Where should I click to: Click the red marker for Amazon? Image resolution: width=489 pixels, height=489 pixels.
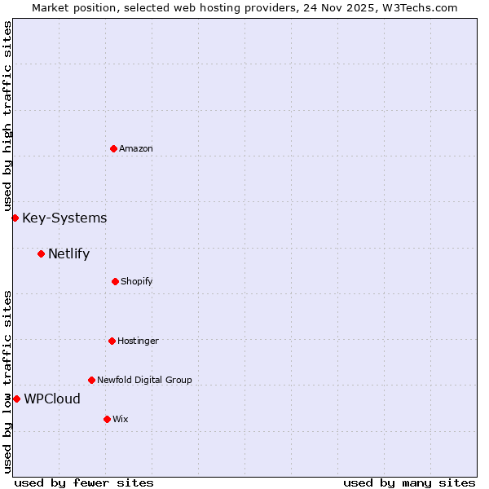pos(113,148)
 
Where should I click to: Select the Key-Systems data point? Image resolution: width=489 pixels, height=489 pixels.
pos(15,218)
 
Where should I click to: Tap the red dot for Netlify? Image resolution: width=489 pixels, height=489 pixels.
pos(41,253)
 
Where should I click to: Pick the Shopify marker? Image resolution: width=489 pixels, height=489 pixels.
pos(115,281)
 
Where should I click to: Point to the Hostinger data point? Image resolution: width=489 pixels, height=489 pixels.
pos(112,341)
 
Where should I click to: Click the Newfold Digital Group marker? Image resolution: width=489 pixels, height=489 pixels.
pos(91,380)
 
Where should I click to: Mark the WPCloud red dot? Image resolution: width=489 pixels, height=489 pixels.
pos(16,399)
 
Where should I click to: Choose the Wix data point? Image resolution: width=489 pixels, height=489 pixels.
pos(107,419)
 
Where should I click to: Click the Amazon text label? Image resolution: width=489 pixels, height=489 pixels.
pos(136,148)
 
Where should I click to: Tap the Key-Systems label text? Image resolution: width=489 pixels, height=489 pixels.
pos(64,218)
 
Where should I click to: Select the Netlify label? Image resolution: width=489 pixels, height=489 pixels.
pos(68,253)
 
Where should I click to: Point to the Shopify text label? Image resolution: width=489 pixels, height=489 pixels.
pos(137,281)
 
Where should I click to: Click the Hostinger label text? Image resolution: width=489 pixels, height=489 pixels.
pos(138,341)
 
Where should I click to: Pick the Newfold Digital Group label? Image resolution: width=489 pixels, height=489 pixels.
pos(144,380)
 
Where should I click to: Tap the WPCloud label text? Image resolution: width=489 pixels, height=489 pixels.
pos(52,399)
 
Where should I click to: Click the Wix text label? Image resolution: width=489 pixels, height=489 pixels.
pos(121,419)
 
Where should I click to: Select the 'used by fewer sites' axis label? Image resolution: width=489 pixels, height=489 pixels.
pos(84,482)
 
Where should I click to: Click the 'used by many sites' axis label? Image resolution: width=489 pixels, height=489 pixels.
pos(409,482)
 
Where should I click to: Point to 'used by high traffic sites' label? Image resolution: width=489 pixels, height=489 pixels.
pos(7,117)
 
